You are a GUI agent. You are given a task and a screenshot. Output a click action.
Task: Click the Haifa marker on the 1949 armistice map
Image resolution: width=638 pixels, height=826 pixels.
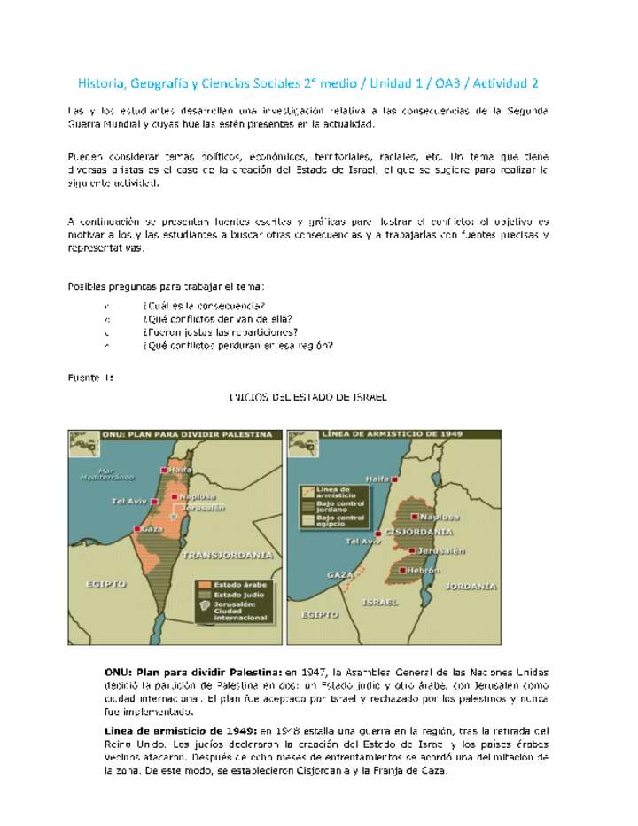[394, 478]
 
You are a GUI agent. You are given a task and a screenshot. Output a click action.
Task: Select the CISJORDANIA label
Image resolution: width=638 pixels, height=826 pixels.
[417, 533]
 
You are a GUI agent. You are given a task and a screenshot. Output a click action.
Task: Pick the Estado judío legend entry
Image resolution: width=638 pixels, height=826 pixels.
[231, 595]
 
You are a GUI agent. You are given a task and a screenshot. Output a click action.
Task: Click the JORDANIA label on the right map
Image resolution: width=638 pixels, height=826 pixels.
[471, 586]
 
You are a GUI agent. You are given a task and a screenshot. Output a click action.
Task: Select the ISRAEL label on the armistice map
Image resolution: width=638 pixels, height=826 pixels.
[380, 601]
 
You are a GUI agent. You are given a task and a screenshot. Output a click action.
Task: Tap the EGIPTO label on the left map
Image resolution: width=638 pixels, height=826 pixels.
[105, 584]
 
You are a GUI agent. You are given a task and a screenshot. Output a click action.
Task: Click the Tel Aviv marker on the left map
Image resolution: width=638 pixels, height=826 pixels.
[152, 501]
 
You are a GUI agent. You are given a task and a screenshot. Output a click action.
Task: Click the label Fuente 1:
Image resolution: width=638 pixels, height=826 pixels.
[90, 378]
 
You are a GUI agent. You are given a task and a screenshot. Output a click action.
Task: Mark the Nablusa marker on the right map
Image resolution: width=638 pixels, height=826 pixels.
[414, 516]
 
